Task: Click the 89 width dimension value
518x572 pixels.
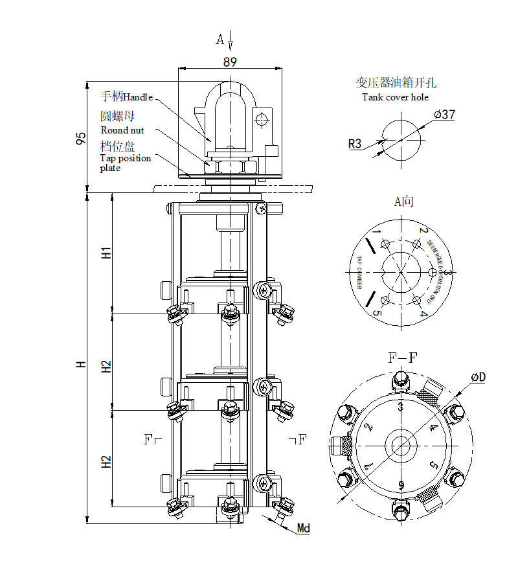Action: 229,62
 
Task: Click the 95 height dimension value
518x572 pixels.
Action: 81,137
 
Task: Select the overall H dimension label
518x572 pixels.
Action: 81,365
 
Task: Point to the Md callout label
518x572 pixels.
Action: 303,529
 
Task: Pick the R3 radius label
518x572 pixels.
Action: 355,144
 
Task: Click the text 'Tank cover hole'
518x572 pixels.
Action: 395,97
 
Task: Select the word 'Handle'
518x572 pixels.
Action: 138,97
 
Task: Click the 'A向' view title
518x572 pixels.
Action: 404,201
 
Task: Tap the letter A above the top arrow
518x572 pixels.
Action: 220,40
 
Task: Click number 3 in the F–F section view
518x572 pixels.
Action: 401,407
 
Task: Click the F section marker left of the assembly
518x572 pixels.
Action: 150,440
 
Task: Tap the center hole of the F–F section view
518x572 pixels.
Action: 401,446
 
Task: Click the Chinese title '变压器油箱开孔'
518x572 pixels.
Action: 396,83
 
